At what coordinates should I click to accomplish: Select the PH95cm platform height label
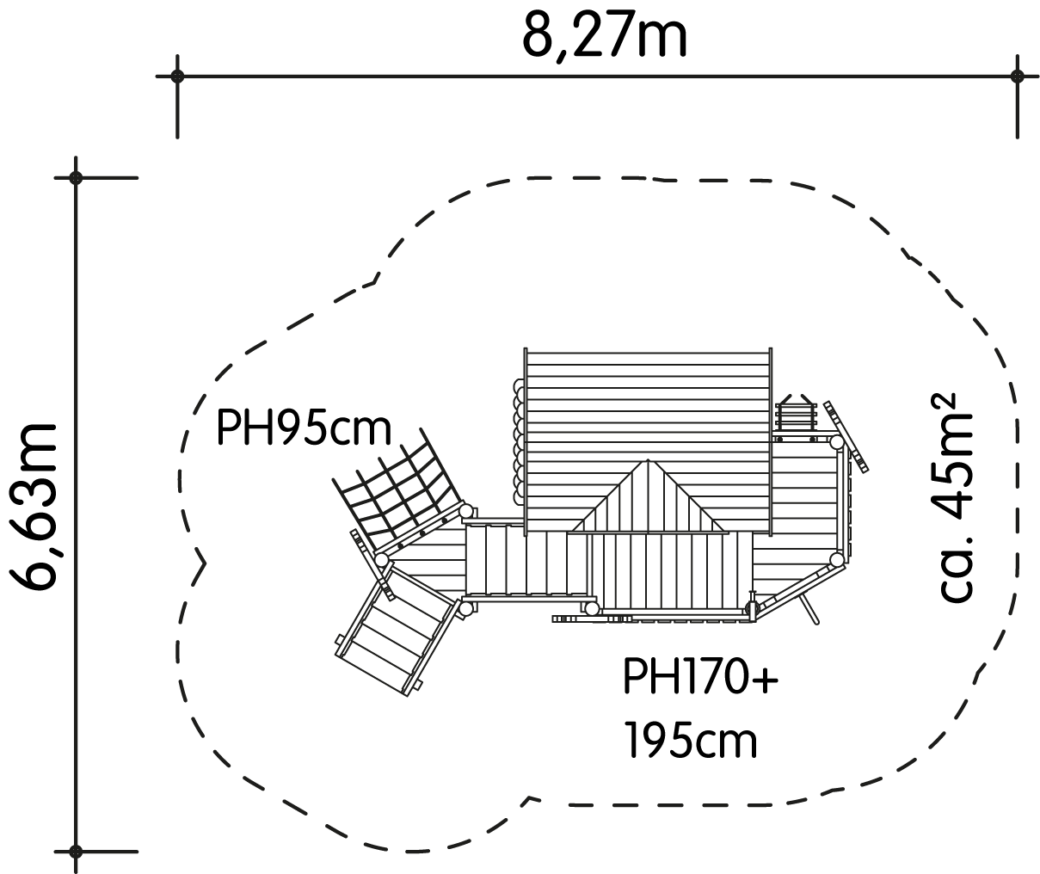304,428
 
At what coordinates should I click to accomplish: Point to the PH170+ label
700,675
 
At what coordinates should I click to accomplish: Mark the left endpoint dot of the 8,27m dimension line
177,77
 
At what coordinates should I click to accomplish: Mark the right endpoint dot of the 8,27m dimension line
1017,77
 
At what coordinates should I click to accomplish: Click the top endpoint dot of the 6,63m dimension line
76,178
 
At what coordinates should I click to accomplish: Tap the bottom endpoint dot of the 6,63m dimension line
76,852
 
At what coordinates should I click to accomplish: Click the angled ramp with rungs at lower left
396,632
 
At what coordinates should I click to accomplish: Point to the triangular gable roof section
648,498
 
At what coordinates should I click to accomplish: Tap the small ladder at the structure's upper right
796,414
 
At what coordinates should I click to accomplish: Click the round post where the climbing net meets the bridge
466,510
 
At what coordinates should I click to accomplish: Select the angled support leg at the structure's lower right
809,607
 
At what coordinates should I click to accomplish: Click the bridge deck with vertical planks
526,560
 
